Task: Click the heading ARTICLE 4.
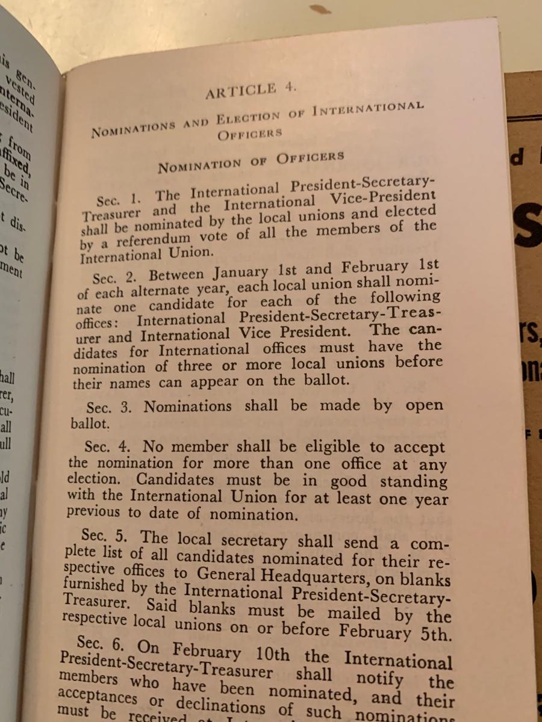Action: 250,90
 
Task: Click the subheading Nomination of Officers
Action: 251,161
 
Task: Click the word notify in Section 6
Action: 379,678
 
